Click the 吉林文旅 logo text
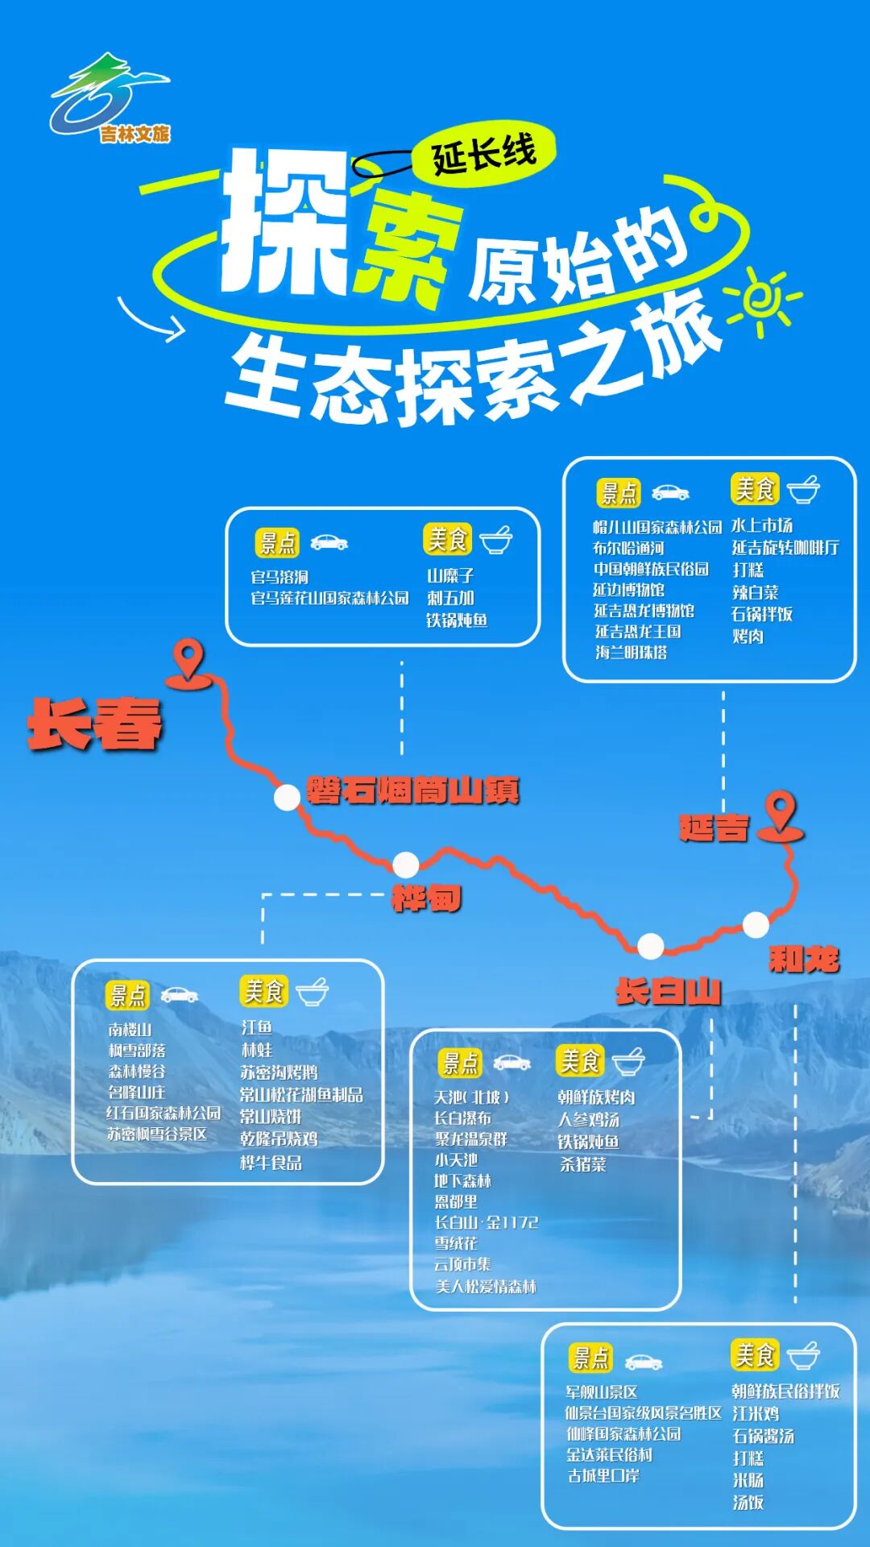tap(135, 134)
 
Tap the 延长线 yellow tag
tap(483, 153)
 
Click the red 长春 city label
tap(95, 724)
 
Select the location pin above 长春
tap(188, 662)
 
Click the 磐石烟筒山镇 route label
tap(412, 790)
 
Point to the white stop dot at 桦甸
tap(405, 865)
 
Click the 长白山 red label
tap(668, 991)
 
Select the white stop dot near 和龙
tap(755, 925)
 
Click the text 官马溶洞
tap(280, 577)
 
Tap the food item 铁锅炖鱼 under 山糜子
tap(457, 620)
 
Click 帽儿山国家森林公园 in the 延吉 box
tap(657, 527)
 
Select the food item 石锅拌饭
tap(761, 614)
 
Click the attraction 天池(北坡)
tap(472, 1097)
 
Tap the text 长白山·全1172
tap(486, 1222)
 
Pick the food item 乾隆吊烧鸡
tap(279, 1138)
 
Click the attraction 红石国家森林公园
tap(164, 1113)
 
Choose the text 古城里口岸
tap(603, 1476)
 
